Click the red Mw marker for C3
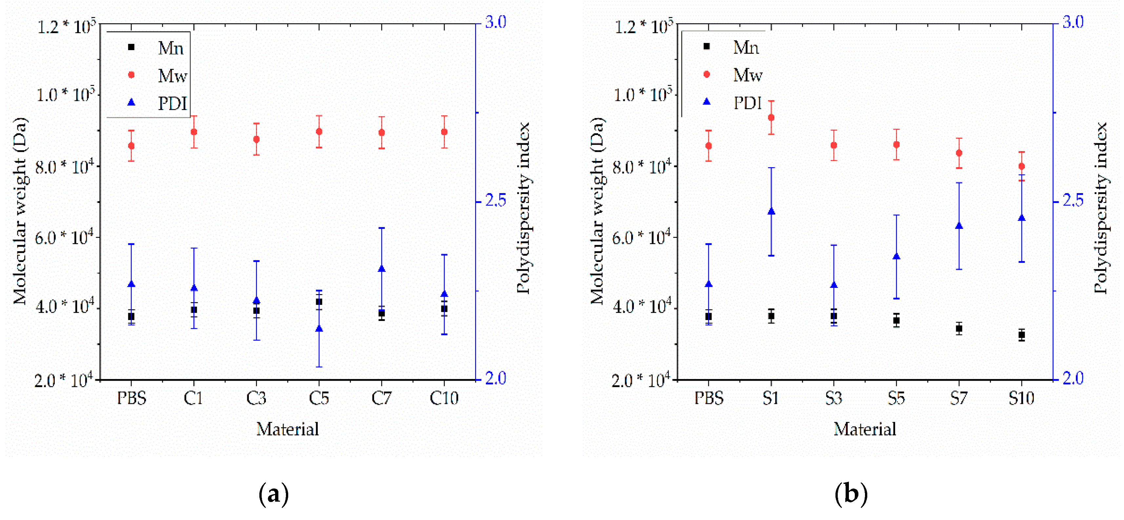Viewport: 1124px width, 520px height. (256, 139)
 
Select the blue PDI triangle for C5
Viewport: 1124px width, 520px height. (319, 329)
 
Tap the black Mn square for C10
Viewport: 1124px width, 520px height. (444, 309)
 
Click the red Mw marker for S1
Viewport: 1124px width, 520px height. (771, 117)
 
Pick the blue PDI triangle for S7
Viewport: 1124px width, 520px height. (959, 226)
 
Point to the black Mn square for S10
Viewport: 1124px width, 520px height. (1021, 335)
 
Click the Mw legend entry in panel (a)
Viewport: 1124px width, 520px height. (172, 76)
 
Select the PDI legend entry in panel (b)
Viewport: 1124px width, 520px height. (747, 103)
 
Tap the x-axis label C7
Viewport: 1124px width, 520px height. (381, 398)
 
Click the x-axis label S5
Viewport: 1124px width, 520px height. (896, 398)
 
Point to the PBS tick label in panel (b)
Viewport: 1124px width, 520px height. (709, 398)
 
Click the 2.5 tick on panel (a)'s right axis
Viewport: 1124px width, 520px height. (496, 201)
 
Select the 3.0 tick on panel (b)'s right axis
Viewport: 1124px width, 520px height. (1073, 22)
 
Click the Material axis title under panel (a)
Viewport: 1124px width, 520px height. (288, 429)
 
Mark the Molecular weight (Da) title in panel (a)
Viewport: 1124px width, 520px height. (20, 211)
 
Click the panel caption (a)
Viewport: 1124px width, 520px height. (273, 494)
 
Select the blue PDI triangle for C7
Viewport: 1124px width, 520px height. (381, 269)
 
